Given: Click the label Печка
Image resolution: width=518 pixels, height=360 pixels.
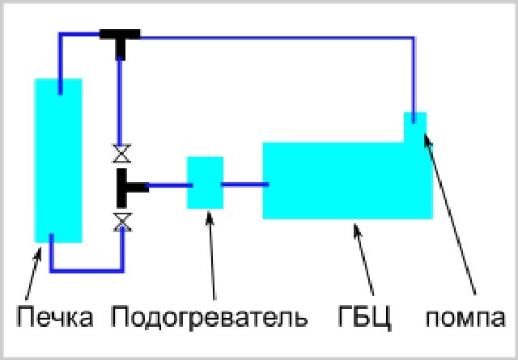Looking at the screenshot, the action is (55, 316).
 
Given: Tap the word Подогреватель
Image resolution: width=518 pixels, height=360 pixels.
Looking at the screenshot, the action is (209, 318).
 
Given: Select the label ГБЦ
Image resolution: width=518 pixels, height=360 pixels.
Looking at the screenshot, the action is (364, 317).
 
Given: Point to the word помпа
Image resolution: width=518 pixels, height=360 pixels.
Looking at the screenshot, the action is (465, 318).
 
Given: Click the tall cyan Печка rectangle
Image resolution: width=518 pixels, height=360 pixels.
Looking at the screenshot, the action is (58, 160).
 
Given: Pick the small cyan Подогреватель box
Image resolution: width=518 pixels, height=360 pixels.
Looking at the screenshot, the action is (205, 183).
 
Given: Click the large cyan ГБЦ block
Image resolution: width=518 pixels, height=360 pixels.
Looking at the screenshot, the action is (347, 180).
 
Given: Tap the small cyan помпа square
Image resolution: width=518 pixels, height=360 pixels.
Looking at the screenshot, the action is (415, 127).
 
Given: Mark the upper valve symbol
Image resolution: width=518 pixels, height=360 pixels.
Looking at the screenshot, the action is (122, 153).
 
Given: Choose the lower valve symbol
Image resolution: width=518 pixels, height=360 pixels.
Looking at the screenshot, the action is (122, 222).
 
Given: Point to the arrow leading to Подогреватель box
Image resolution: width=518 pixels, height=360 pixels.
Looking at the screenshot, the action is (211, 255).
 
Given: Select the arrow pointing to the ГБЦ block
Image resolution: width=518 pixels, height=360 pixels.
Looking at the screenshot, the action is (363, 260).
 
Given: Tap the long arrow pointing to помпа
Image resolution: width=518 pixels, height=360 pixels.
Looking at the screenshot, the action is (450, 214).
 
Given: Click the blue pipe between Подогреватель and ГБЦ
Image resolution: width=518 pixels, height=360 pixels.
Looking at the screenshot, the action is (244, 184).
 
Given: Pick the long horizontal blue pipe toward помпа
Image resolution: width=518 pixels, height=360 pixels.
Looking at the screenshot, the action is (277, 38).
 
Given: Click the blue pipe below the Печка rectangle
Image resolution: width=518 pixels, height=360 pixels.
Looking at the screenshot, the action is (87, 271).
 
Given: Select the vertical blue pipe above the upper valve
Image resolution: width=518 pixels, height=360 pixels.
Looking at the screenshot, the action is (120, 101).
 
